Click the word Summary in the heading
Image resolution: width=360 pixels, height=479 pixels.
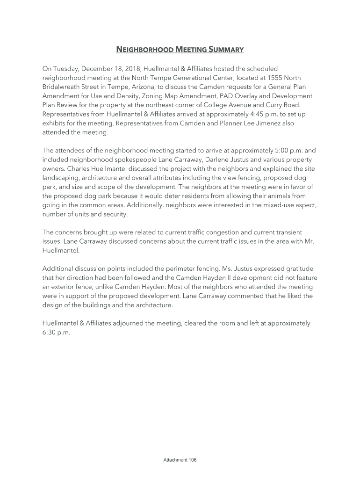226,49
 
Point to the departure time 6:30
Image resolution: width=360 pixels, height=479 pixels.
50,333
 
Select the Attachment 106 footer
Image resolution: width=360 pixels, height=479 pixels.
180,460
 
